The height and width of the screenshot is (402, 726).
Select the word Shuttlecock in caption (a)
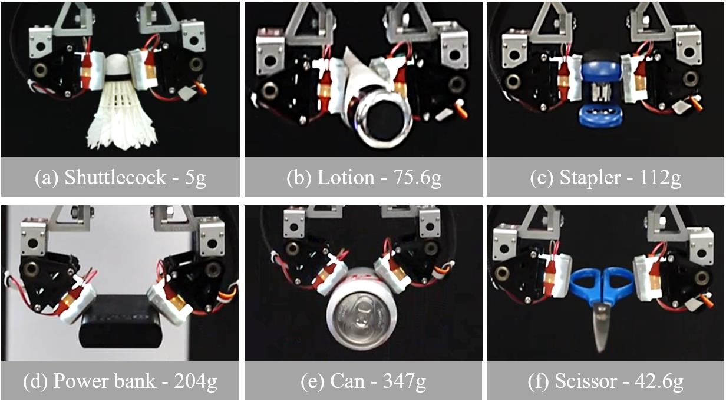115,177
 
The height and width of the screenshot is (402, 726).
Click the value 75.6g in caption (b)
417,178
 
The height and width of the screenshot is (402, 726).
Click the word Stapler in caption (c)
590,178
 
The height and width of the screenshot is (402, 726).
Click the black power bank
121,320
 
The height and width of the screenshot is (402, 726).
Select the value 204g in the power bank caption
196,381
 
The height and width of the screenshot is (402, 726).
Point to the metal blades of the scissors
600,327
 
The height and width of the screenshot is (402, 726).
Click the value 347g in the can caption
404,381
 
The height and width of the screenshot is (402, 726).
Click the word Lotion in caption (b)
345,177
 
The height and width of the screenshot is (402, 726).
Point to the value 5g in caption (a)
196,178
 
